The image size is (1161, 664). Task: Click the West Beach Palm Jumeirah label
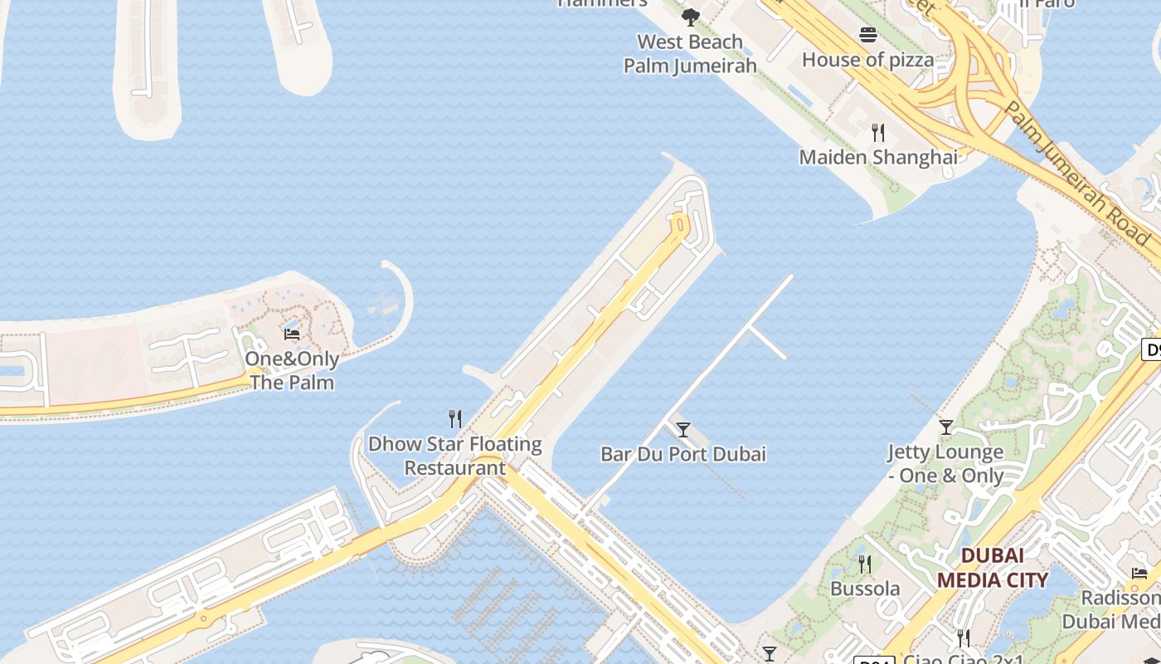(690, 54)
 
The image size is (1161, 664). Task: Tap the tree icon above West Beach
(690, 17)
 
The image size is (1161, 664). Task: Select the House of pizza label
(867, 60)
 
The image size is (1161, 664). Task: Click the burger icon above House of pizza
(868, 35)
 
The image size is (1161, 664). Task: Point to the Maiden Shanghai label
(878, 157)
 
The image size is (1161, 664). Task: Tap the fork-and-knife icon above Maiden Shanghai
(878, 132)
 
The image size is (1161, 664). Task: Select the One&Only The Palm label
(292, 371)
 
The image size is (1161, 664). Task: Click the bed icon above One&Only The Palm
(292, 334)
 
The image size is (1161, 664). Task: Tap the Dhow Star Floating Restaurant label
(454, 456)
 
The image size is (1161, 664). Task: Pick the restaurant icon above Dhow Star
(454, 419)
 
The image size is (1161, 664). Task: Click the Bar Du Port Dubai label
(683, 454)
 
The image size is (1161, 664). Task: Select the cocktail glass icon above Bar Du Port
(683, 429)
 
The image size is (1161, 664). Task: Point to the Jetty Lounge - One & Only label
(945, 464)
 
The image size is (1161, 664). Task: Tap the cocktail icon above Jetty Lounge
(946, 427)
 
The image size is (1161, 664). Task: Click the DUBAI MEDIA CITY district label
(993, 568)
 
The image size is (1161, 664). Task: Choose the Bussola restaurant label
(865, 588)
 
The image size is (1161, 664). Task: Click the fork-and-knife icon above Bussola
(865, 564)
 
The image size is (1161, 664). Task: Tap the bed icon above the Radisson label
(1139, 573)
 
